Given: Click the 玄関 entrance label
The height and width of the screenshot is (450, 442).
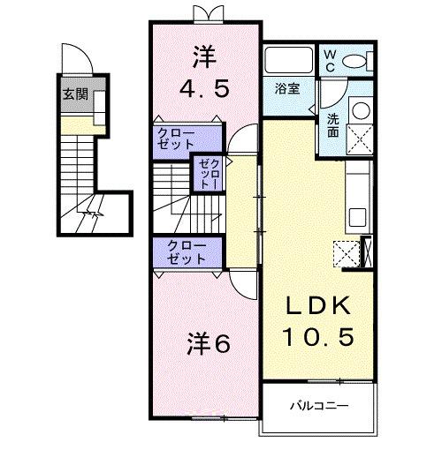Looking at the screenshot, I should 73,94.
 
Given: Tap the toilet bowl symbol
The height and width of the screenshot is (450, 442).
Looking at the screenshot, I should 356,61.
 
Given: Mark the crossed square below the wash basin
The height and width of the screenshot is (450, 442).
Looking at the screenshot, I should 360,138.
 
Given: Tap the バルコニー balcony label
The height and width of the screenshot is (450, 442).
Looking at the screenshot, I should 320,405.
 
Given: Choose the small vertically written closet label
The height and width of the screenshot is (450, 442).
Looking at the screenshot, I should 205,174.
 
